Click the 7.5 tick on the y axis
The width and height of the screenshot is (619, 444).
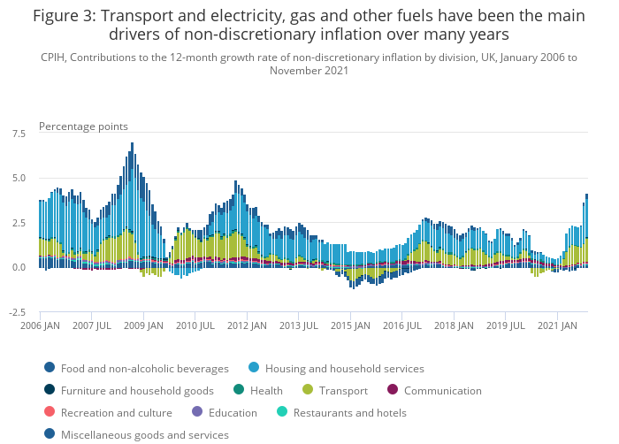coord(18,133)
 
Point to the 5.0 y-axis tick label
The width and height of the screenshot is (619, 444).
coord(18,178)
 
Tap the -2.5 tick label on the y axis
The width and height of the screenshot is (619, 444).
coord(15,312)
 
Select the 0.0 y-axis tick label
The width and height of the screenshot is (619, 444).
coord(18,267)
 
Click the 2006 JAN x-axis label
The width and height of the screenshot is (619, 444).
coord(39,325)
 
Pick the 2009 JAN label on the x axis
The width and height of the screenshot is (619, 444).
coord(143,325)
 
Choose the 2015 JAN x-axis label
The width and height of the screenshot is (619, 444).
coord(350,325)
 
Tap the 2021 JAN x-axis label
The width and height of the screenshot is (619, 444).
coord(557,325)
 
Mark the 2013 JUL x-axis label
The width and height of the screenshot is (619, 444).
coord(299,325)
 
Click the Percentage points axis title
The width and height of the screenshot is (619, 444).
coord(83,126)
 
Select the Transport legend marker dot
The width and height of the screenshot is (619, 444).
coord(308,390)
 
